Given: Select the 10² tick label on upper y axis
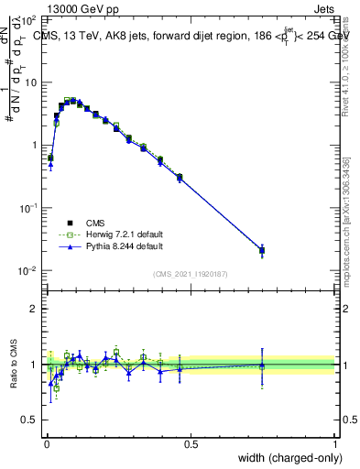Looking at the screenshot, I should pos(29,19).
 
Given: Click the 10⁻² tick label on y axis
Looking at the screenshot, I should pos(27,271).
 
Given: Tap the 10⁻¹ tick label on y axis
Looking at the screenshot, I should pos(27,208).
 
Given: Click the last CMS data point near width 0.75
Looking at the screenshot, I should pos(262,250).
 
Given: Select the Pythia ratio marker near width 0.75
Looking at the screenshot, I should pos(262,365).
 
